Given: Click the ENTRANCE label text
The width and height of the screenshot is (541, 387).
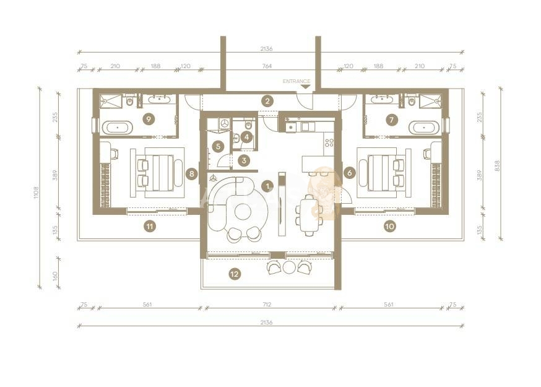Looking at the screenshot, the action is coord(296,82).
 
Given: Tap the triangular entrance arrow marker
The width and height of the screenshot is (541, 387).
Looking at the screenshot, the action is coord(305,87).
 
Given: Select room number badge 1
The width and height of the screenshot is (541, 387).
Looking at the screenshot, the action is coord(267,186).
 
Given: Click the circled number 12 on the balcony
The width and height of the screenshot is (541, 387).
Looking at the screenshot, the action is coord(235,274).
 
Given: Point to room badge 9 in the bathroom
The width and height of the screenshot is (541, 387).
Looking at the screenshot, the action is coord(149,119).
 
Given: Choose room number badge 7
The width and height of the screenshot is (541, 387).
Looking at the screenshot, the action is coord(391,120).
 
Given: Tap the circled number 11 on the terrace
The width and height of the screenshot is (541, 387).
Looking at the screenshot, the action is coord(149,227).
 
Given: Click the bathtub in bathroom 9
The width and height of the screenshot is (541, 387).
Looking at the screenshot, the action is coord(118,128).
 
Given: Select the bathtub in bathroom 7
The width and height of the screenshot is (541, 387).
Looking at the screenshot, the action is coord(424,128).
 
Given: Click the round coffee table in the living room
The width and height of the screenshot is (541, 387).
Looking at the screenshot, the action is coord(243,211).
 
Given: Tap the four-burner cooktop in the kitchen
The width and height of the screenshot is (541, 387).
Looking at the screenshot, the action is coord(329,142).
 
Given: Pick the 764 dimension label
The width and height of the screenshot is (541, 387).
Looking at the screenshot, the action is coord(267,66).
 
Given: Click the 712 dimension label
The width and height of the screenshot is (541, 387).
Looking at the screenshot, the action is coord(267,305).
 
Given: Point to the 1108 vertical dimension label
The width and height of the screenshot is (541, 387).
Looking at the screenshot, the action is coord(37,193).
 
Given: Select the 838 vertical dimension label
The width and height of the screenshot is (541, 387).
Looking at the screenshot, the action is coord(497,167).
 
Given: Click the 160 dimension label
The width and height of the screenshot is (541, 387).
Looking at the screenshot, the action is coord(55,276).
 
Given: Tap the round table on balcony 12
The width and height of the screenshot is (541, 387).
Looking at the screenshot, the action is coord(289,267).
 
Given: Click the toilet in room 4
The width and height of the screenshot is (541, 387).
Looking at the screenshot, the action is coord(248,124).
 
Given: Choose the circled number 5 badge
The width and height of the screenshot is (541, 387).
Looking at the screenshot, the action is coord(218,146).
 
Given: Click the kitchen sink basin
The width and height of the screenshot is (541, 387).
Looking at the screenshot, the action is coord(291,128).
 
